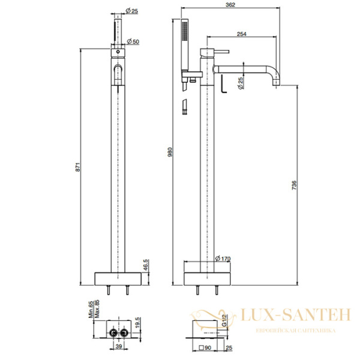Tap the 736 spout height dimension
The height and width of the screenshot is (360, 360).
[293, 187]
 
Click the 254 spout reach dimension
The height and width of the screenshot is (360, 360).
[242, 34]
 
